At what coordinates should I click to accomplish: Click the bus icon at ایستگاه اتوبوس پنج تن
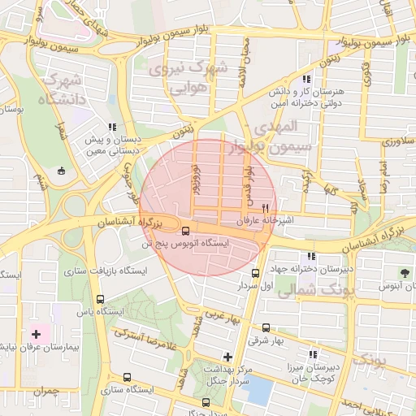pos(186,230)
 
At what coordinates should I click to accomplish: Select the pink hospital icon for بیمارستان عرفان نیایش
pos(36,334)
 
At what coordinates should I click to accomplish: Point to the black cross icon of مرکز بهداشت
pos(227,357)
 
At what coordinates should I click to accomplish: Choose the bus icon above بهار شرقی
pos(265,327)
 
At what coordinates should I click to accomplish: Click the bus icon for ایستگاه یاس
pos(101,297)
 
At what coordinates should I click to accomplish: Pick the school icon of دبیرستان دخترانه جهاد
pos(313,256)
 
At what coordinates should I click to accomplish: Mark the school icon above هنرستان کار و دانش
pos(305,80)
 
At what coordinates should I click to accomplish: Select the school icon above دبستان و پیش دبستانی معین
pos(112,127)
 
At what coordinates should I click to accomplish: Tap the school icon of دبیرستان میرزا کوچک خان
pos(313,354)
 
